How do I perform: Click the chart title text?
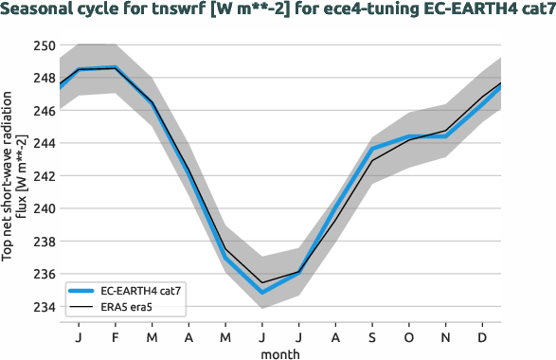point(278,10)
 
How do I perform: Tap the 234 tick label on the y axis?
point(43,307)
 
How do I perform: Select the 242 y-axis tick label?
point(43,176)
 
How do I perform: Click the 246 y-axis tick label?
point(43,111)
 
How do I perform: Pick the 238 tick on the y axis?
point(43,242)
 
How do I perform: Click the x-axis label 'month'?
point(280,352)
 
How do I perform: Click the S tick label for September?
point(373,335)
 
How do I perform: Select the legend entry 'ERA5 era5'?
point(128,306)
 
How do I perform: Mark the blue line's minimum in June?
point(261,292)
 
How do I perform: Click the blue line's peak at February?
point(114,68)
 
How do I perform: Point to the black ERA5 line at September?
point(373,160)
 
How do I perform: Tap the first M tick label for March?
point(151,335)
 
